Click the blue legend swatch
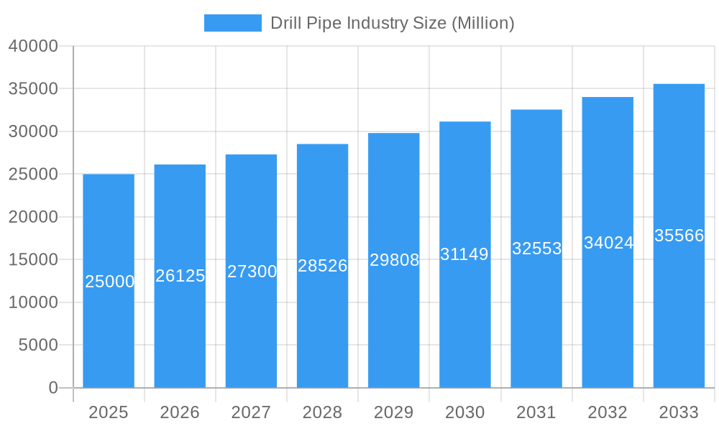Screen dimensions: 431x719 [232, 23]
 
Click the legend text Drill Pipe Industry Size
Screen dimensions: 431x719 [392, 23]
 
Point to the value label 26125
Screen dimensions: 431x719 [180, 276]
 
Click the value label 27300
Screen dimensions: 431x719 [252, 272]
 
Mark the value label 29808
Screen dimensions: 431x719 [394, 260]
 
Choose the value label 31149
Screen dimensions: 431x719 [464, 254]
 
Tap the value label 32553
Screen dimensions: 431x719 [536, 249]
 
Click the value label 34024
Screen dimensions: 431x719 [608, 243]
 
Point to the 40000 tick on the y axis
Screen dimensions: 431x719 [33, 46]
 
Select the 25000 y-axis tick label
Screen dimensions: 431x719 [33, 175]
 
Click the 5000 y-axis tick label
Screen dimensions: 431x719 [37, 346]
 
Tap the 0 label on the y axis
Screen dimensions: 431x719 [52, 388]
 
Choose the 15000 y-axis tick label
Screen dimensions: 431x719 [33, 260]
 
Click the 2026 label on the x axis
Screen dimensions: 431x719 [180, 412]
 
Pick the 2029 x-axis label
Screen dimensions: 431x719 [394, 412]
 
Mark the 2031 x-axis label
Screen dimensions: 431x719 [536, 412]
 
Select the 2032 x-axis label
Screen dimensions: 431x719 [608, 412]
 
